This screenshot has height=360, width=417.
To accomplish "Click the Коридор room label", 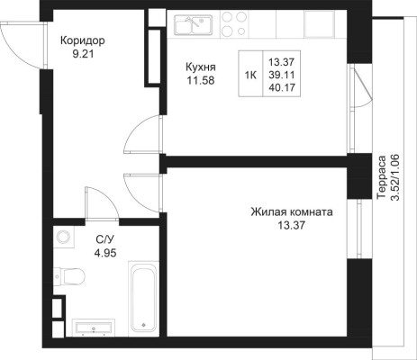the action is (83, 40).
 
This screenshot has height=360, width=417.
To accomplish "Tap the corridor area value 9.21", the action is (83, 54).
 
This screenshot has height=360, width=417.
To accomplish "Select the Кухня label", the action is (201, 67).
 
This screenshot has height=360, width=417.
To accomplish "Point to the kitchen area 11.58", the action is (201, 80).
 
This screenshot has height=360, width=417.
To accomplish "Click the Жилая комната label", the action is (292, 212).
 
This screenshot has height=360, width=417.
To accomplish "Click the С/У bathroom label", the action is (105, 239).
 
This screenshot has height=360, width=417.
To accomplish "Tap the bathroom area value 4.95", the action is (105, 254).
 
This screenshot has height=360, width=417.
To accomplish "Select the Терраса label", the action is (382, 177).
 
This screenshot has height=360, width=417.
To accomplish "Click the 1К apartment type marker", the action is (250, 75).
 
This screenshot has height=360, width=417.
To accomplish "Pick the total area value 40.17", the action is (282, 87).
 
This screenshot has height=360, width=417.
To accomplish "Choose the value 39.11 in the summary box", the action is (282, 75).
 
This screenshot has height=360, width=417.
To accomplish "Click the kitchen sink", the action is (194, 24).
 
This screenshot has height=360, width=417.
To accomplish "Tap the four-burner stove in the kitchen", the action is (234, 23).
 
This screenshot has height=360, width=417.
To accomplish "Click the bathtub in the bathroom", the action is (143, 299).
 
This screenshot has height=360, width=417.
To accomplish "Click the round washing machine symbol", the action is (63, 236).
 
